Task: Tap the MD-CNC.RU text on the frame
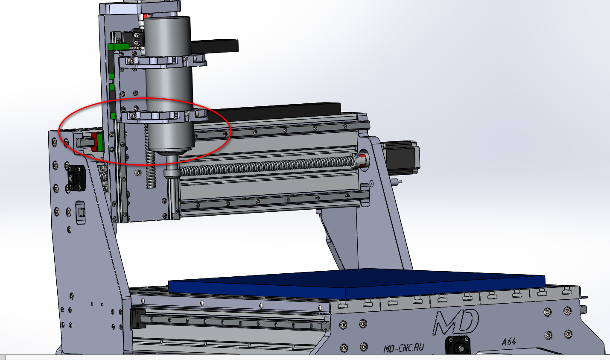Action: click(x=403, y=348)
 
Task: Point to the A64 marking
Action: click(x=508, y=341)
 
